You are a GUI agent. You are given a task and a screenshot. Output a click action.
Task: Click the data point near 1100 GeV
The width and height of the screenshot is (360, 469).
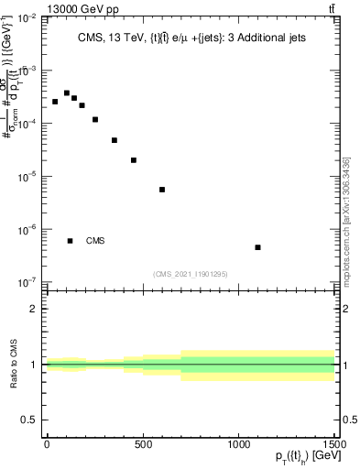(x=258, y=247)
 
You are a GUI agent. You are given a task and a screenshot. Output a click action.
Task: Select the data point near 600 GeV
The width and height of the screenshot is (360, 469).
(x=162, y=190)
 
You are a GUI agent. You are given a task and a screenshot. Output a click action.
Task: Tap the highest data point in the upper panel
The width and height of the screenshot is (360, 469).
(x=67, y=93)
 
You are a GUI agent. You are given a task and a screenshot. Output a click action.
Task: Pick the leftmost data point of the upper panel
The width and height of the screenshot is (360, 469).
(x=55, y=102)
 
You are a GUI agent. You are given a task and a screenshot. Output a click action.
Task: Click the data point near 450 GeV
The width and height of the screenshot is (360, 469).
(x=134, y=160)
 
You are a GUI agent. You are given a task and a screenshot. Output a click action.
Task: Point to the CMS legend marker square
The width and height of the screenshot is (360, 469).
(x=71, y=241)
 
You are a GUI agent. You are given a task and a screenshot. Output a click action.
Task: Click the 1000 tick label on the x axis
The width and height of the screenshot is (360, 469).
(x=239, y=444)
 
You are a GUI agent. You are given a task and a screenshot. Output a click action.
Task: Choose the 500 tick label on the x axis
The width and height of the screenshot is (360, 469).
(x=143, y=444)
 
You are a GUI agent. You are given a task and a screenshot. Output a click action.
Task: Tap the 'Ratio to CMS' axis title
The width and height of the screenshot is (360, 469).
(x=15, y=365)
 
